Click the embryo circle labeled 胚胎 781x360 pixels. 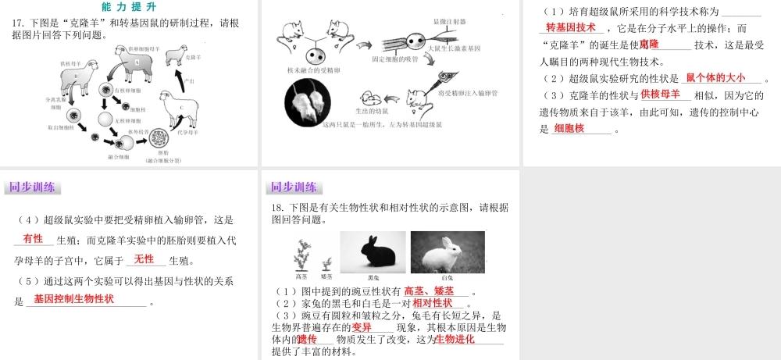(161, 141)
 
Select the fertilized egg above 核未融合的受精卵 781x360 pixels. (316, 58)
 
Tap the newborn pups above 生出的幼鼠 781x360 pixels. (373, 99)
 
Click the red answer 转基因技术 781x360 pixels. (571, 27)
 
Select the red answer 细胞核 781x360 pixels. (569, 128)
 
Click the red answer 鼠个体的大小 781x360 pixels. (715, 77)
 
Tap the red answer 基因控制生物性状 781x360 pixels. (73, 299)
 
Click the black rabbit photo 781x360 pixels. (372, 251)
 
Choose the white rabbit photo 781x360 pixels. (448, 251)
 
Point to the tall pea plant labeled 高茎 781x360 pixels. (301, 256)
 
